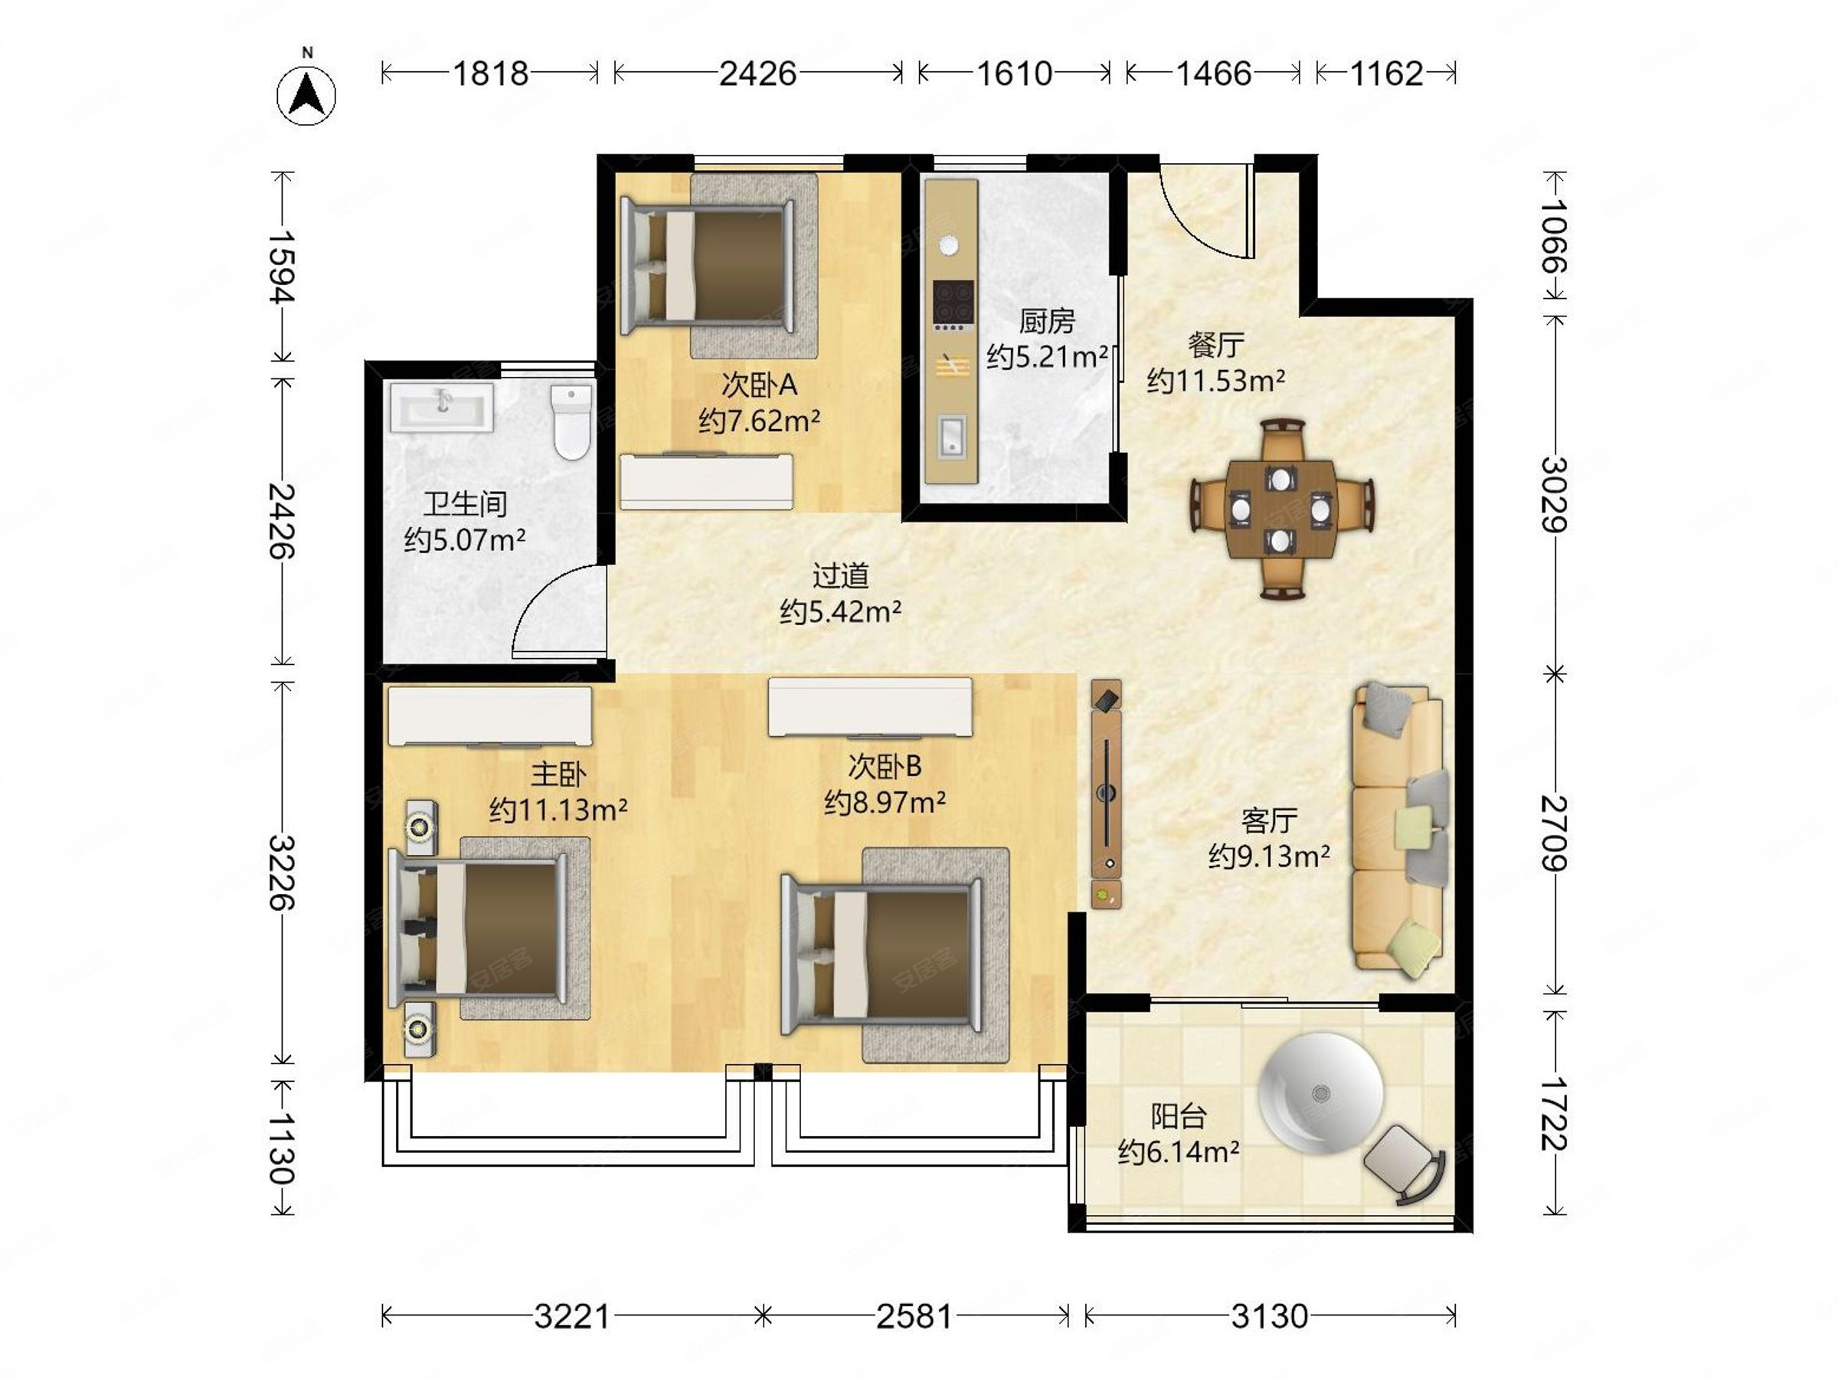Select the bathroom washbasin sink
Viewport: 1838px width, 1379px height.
pos(441,408)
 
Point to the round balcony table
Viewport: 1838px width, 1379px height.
pos(1320,1092)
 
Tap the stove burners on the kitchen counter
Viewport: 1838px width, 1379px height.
pos(952,302)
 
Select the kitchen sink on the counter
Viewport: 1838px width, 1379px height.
pos(952,437)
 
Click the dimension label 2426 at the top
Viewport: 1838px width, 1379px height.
pos(757,74)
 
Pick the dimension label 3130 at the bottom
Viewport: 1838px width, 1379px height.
pos(1269,1317)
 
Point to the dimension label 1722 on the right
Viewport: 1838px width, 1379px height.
pos(1553,1113)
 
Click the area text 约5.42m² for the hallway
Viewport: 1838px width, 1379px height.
pos(840,613)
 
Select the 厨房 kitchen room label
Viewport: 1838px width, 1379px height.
pos(1046,321)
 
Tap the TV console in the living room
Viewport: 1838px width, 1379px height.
pos(1106,794)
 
